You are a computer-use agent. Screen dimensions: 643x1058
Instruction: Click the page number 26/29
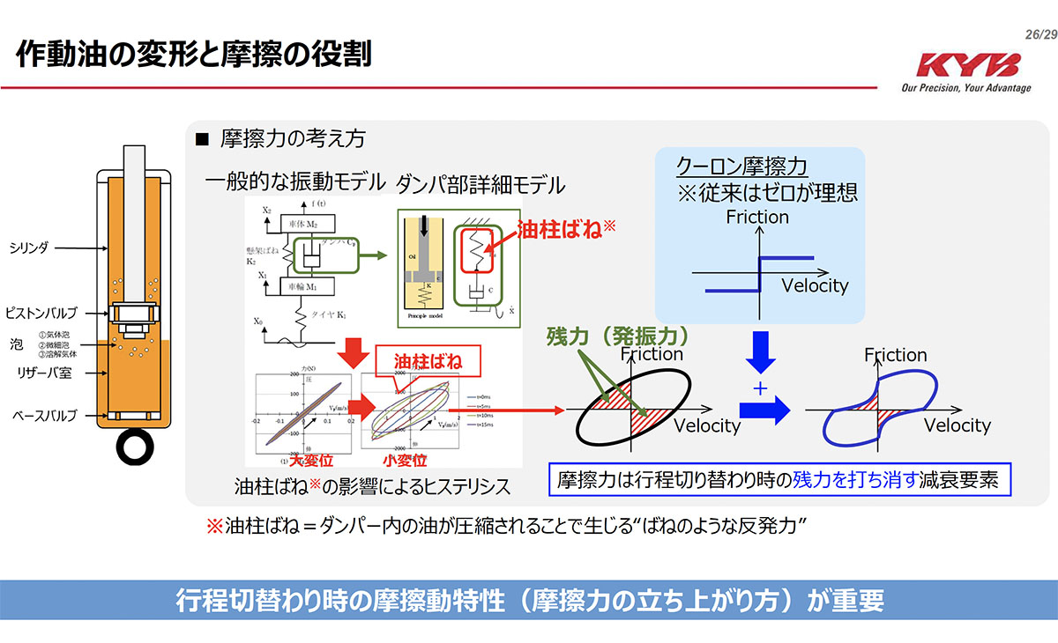[x=1039, y=33]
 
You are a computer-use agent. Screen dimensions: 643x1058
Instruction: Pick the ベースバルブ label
[x=41, y=415]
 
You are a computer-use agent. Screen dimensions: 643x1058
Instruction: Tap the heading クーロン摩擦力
[x=741, y=166]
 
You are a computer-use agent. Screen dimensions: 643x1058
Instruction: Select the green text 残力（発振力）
[x=616, y=336]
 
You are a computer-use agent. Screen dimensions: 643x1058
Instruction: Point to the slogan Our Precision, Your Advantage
[x=965, y=88]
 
